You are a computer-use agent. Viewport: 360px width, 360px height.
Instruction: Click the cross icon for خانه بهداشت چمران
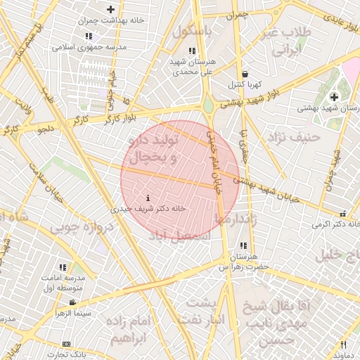tap(110, 9)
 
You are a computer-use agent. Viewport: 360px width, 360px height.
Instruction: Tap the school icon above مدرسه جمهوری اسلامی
tap(88, 35)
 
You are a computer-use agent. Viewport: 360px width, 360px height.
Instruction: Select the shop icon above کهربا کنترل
tap(244, 74)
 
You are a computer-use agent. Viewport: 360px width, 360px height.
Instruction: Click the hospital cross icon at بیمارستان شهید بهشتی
tap(334, 96)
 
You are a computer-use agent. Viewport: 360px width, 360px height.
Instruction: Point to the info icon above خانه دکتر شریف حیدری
tap(147, 198)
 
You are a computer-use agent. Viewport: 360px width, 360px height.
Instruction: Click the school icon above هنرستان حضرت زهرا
tap(243, 246)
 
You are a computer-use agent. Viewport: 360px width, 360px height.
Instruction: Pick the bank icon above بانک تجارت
tap(66, 344)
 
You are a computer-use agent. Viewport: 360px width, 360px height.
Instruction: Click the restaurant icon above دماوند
tap(343, 345)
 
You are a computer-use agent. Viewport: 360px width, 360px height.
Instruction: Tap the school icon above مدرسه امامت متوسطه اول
tap(63, 268)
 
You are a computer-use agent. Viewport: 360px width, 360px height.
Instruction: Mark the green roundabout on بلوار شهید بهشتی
tap(209, 105)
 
